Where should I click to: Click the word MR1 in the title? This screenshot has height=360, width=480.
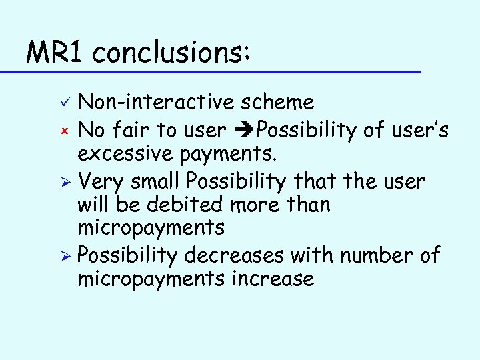coord(55,51)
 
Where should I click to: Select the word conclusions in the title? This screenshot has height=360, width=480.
coord(170,51)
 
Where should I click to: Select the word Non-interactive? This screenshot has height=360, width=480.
coord(157,102)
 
